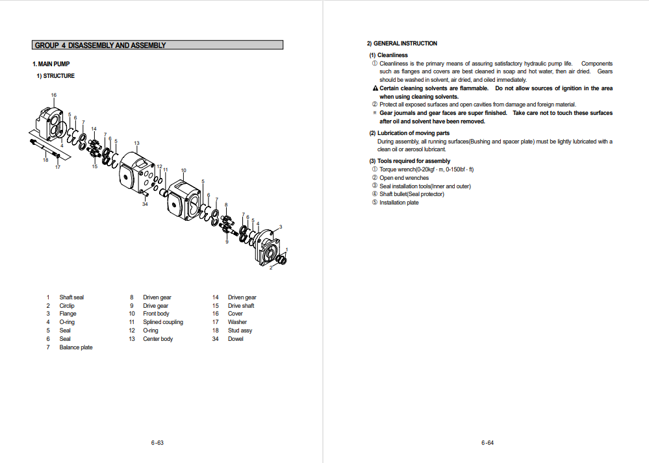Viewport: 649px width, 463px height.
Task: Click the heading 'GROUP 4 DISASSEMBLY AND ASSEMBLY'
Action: tap(100, 45)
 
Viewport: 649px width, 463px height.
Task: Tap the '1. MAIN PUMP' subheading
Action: tap(51, 64)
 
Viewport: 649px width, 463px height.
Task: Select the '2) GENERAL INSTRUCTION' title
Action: tap(401, 44)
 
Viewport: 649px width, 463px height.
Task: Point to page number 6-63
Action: tap(157, 444)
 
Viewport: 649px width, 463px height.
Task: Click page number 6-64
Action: tap(488, 444)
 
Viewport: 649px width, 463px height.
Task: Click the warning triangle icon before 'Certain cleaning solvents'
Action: tap(375, 88)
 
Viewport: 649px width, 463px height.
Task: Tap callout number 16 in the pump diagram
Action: tap(54, 95)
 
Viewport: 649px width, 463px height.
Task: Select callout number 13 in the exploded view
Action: tap(136, 143)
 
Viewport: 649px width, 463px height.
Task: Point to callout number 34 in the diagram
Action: tap(145, 204)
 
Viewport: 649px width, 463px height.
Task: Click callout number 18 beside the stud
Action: tap(45, 160)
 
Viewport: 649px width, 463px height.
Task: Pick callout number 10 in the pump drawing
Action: tap(183, 171)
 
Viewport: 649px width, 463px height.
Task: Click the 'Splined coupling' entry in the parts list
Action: tap(163, 322)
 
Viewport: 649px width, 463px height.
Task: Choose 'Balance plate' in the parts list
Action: tap(76, 347)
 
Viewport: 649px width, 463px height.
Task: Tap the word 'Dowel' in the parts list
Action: tap(235, 339)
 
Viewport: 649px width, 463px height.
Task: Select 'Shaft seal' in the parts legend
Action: tap(71, 297)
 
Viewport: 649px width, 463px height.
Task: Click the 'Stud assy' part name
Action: tap(240, 331)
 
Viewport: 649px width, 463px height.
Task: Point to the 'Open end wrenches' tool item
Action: tap(404, 178)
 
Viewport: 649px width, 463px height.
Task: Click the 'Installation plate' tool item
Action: tap(399, 203)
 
